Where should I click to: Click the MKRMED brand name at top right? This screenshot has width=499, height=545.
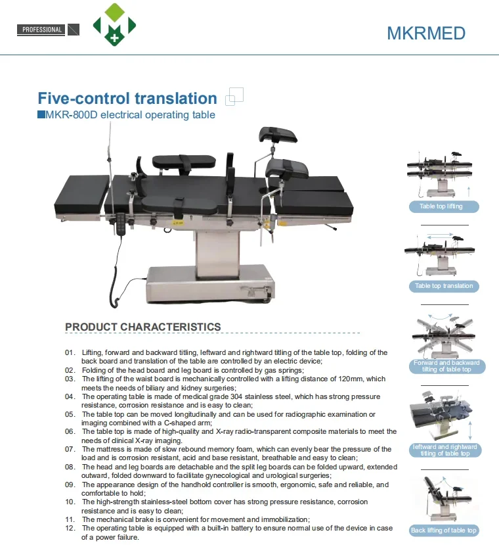click(426, 34)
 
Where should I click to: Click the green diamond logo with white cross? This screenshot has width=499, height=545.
click(115, 26)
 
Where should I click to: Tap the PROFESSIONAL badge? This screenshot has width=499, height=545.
click(42, 30)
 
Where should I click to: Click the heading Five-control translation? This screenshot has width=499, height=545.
click(127, 99)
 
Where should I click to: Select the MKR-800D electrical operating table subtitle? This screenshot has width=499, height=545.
click(130, 115)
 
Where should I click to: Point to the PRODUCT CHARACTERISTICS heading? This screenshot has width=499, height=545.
click(143, 327)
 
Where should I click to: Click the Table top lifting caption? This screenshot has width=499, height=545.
click(441, 206)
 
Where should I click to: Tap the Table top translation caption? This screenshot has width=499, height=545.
click(444, 286)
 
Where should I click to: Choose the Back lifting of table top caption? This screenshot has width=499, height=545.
click(444, 530)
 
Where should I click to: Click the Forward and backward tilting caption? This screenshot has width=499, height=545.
click(446, 366)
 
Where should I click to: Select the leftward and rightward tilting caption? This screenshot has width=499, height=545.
click(445, 450)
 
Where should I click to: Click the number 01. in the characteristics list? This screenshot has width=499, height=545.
click(70, 353)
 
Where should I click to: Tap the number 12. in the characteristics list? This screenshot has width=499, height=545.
click(70, 529)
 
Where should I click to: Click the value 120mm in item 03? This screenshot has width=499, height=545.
click(349, 379)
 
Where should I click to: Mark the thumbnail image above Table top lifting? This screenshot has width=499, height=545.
click(439, 176)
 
